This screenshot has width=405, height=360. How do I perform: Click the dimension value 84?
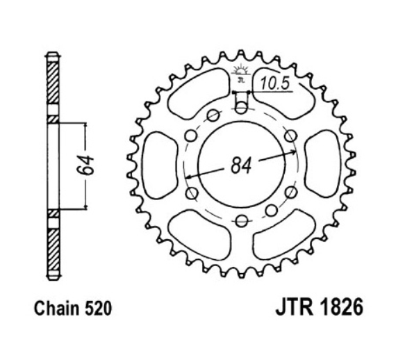click(x=241, y=165)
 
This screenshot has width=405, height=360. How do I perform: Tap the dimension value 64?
click(x=85, y=165)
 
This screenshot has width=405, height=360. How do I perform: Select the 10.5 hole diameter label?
click(x=274, y=83)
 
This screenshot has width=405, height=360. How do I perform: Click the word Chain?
click(x=57, y=309)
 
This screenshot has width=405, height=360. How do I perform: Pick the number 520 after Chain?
click(x=99, y=309)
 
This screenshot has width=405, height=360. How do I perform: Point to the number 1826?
click(x=342, y=307)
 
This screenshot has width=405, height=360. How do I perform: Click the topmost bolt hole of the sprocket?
click(x=242, y=107)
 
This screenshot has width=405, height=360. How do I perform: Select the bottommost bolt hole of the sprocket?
click(x=242, y=221)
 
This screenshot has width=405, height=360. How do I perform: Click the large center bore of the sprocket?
click(x=242, y=165)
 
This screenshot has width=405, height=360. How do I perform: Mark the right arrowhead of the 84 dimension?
click(x=294, y=152)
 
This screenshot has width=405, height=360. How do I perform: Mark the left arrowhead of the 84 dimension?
click(x=188, y=177)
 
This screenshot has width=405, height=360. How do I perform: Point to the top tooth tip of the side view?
click(x=53, y=53)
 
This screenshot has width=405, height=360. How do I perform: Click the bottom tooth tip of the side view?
click(x=53, y=279)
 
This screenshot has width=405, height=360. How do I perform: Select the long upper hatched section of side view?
click(x=53, y=83)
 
